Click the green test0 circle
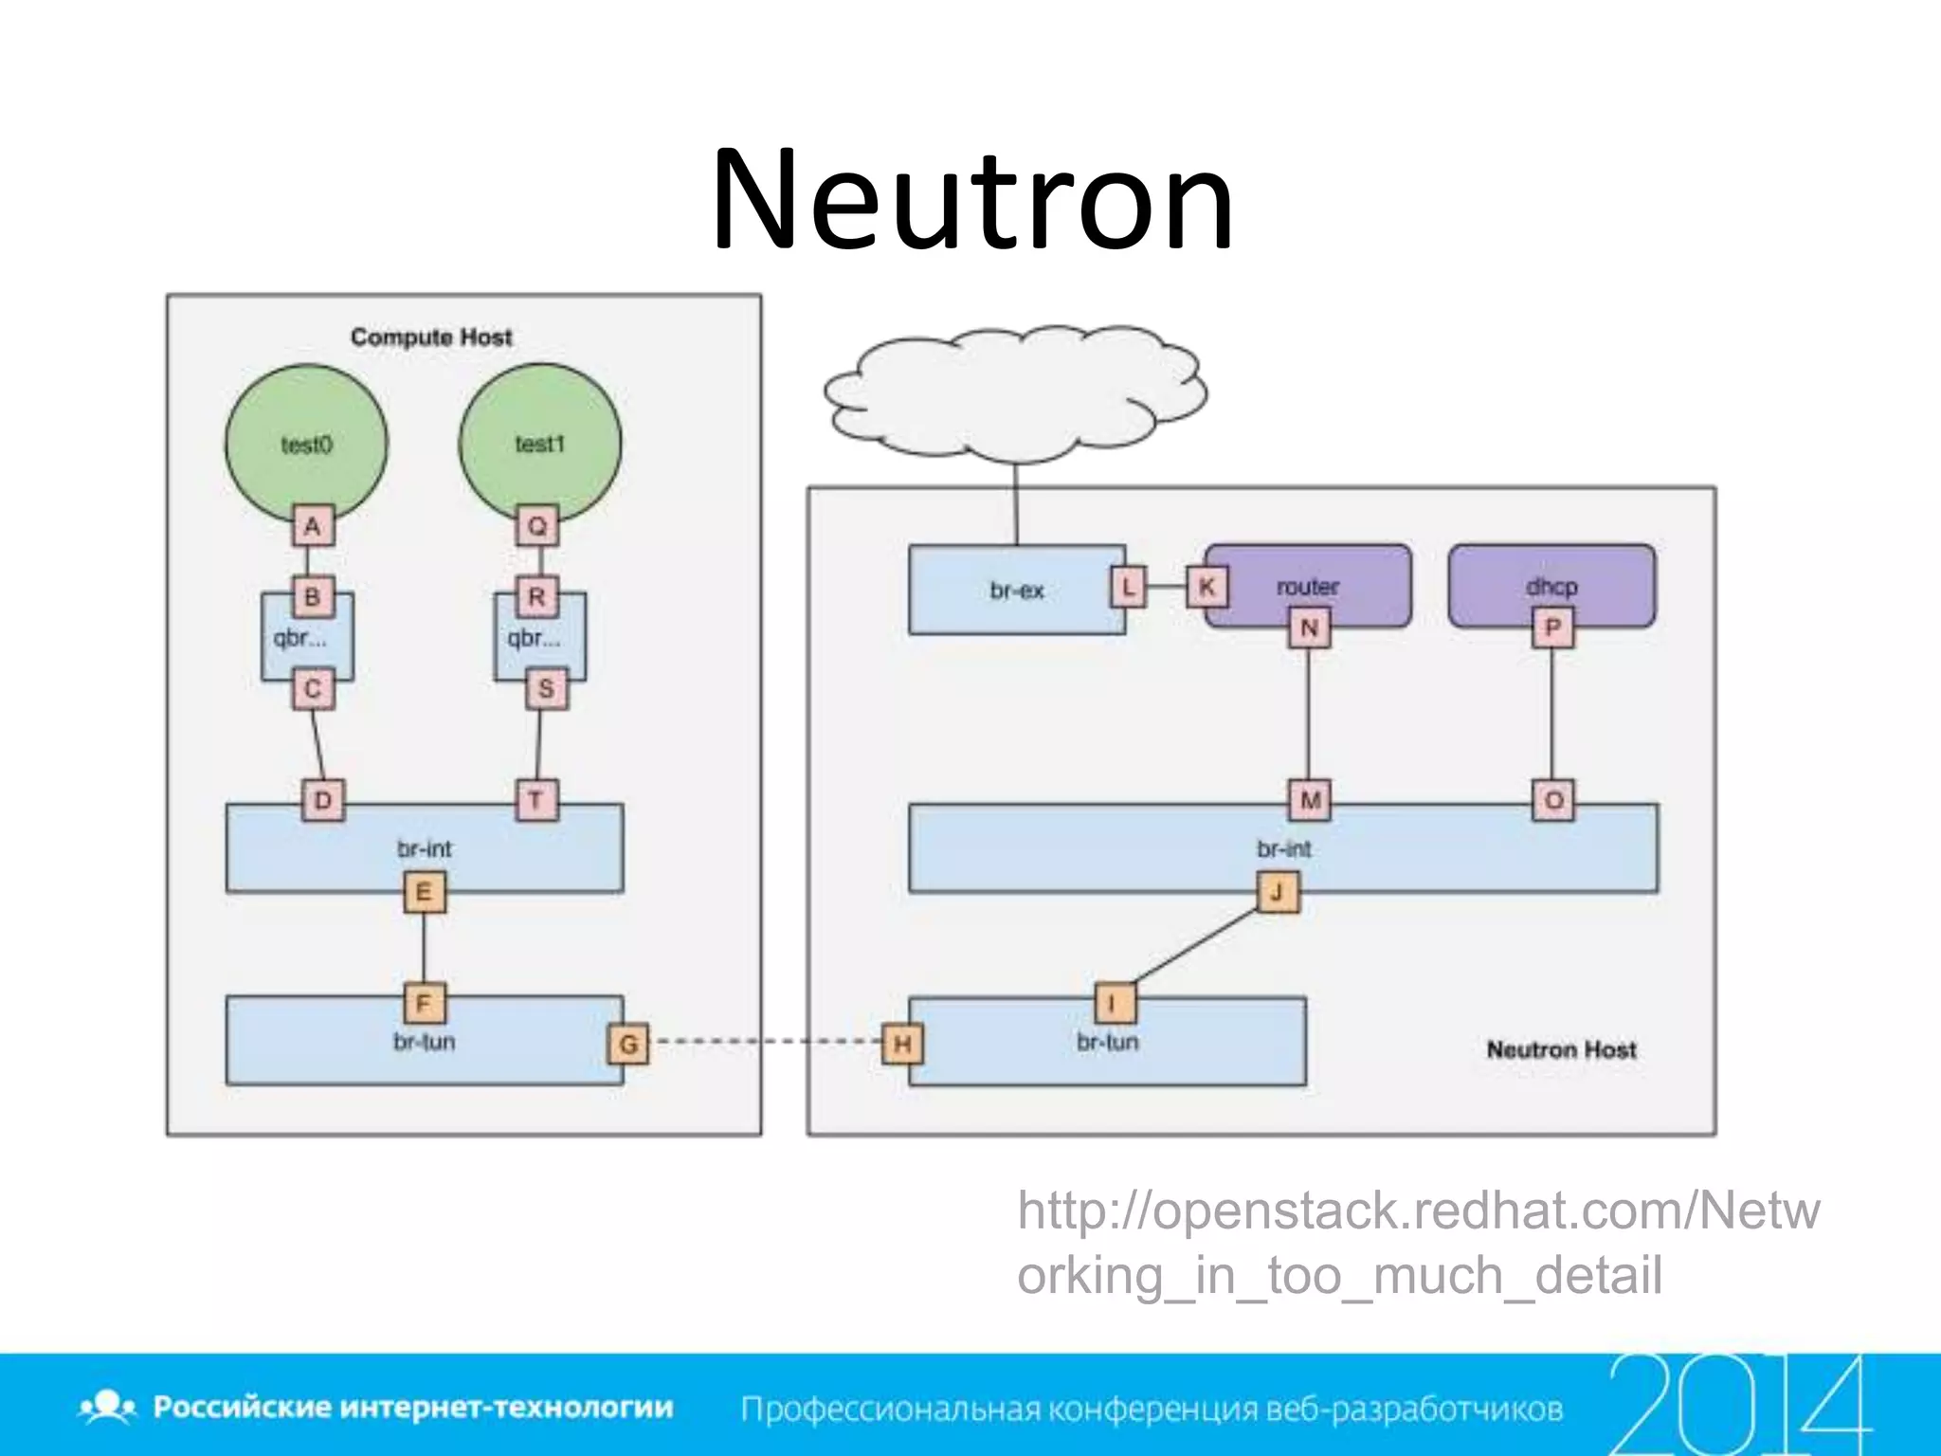point(306,444)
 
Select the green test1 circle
point(539,444)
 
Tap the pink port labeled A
point(313,526)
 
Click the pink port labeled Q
point(537,526)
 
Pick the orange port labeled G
point(627,1045)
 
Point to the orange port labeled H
point(902,1045)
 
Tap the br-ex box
point(1016,590)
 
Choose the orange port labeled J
point(1278,892)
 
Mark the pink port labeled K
point(1206,587)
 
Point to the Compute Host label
point(431,337)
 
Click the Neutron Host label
point(1561,1049)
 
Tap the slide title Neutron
point(972,201)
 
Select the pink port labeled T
point(536,801)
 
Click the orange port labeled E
point(424,892)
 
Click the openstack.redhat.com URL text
point(1417,1243)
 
